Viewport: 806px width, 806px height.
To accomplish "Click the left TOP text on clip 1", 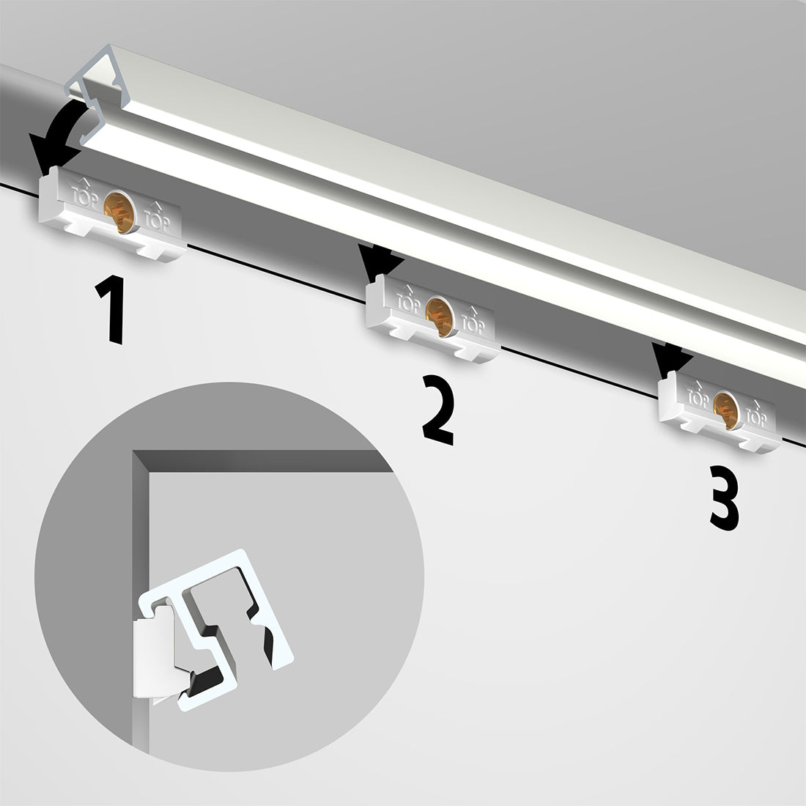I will (x=83, y=195).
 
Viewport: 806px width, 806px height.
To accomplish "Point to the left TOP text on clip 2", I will (x=408, y=300).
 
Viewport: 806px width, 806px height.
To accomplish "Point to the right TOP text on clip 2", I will (x=474, y=321).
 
